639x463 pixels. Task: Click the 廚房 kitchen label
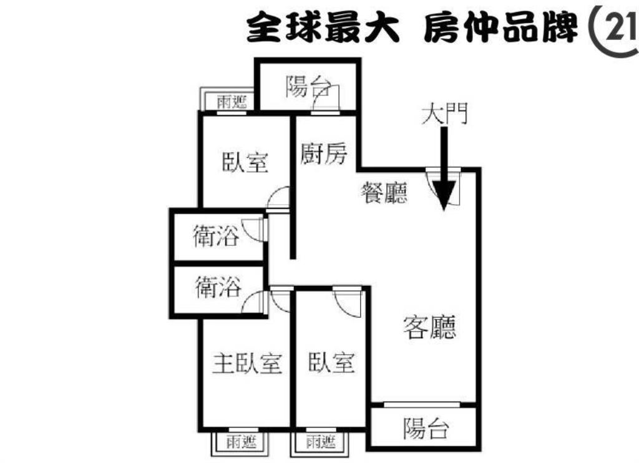coord(324,154)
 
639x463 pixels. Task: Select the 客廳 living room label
coord(430,327)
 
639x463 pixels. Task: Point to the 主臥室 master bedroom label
coord(247,363)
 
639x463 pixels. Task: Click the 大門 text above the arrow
coord(444,113)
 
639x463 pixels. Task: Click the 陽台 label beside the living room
coord(426,428)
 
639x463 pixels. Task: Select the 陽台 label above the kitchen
coord(308,86)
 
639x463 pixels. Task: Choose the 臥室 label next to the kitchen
coord(245,162)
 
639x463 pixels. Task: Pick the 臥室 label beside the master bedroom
coord(331,362)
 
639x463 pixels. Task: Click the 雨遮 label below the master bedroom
coord(241,442)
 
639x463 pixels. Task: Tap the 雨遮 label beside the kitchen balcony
coord(232,102)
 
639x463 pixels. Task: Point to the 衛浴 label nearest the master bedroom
coord(218,286)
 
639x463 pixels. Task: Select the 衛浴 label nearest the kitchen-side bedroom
coord(215,236)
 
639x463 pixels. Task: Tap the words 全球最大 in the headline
coord(323,27)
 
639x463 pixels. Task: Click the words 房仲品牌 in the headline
coord(501,27)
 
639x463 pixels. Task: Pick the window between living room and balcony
coord(422,405)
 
